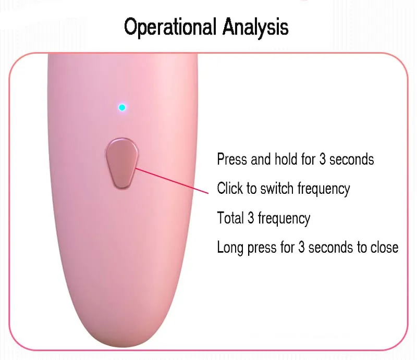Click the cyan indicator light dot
[x=122, y=107]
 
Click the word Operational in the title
[x=170, y=27]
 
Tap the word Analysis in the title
[x=255, y=27]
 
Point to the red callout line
[x=172, y=181]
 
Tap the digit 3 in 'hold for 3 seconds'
[x=322, y=159]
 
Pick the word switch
[x=277, y=188]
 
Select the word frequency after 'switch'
[x=324, y=189]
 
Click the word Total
[x=230, y=218]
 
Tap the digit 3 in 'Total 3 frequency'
[x=251, y=218]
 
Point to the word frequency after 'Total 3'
[x=284, y=218]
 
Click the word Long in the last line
[x=230, y=247]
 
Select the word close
[x=385, y=247]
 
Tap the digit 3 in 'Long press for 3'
[x=301, y=247]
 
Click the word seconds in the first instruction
[x=351, y=159]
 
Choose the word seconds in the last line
[x=330, y=247]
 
